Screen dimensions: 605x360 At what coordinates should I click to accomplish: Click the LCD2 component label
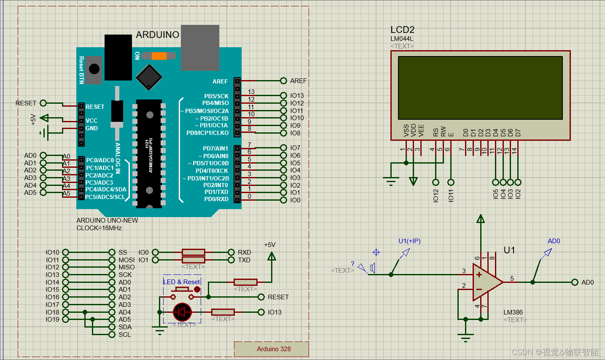[402, 30]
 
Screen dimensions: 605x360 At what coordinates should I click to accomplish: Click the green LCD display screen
[480, 88]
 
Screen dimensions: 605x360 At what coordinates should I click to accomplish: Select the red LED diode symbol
[182, 312]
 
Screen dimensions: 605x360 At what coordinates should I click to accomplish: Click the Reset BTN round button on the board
[94, 69]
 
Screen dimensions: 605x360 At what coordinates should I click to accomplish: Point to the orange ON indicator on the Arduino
[159, 56]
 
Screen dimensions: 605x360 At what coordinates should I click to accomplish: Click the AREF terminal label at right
[298, 81]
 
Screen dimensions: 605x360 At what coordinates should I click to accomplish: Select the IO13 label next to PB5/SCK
[297, 96]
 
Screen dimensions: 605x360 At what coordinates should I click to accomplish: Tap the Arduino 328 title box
[274, 349]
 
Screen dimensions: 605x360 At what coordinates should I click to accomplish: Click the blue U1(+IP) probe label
[409, 241]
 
